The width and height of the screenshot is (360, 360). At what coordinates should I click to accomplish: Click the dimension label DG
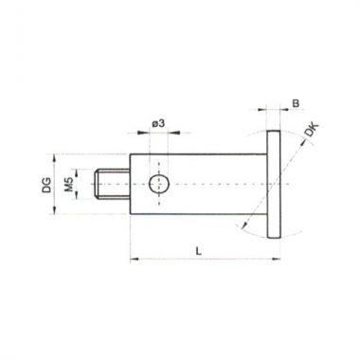tap(46, 185)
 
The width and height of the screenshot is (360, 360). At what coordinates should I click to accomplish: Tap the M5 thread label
tap(69, 185)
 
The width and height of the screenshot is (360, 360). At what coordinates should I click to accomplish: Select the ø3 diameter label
tap(158, 123)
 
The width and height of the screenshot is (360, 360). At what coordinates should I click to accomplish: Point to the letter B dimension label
tap(296, 103)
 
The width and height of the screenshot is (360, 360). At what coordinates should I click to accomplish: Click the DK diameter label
tap(313, 130)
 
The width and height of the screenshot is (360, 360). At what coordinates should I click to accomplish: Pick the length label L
tap(198, 251)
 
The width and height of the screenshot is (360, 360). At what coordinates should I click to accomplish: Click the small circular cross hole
tap(159, 184)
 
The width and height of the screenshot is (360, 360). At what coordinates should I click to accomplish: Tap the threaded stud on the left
tap(112, 185)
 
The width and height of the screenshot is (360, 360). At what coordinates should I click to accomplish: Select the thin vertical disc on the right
tap(274, 184)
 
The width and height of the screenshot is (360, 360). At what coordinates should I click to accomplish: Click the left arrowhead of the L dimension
tap(135, 260)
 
